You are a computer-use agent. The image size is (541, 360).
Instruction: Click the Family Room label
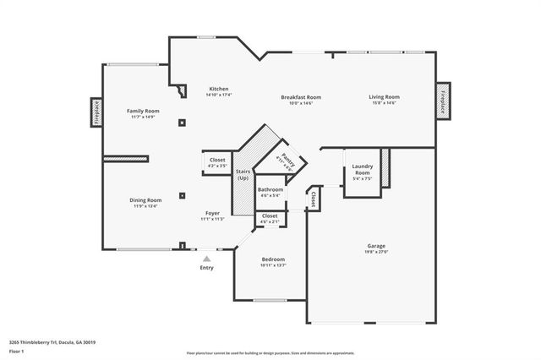click(143, 111)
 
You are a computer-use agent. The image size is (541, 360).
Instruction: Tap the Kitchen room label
click(219, 89)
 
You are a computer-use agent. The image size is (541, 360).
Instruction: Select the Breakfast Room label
click(301, 97)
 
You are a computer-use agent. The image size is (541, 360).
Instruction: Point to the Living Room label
click(384, 97)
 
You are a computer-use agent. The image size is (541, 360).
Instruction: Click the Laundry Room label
click(362, 169)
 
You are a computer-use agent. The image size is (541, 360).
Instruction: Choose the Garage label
click(376, 246)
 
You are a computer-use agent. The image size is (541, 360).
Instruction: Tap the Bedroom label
click(272, 259)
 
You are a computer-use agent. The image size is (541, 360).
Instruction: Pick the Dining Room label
click(145, 200)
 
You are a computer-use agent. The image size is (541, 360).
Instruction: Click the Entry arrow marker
click(206, 259)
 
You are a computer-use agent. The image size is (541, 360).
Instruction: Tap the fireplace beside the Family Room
click(96, 112)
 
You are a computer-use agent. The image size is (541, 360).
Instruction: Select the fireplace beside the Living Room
click(443, 99)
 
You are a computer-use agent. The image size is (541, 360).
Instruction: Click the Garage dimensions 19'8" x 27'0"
click(376, 252)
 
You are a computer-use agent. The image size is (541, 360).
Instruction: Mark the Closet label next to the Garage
click(313, 199)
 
